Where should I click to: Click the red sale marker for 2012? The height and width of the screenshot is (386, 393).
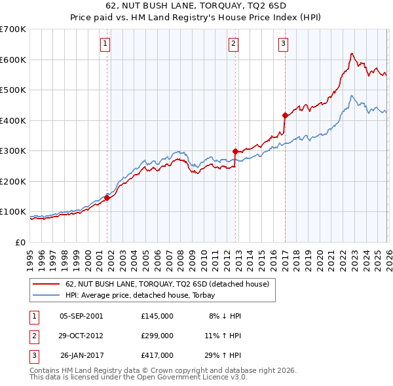pyautogui.click(x=235, y=151)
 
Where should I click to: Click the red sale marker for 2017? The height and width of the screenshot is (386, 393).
pyautogui.click(x=285, y=115)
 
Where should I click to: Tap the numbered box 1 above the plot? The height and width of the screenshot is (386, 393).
pyautogui.click(x=105, y=44)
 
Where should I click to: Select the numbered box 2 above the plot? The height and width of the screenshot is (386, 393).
pyautogui.click(x=233, y=44)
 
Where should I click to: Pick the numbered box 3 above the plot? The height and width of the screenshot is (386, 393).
pyautogui.click(x=283, y=44)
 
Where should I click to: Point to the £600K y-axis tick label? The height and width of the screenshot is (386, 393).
pyautogui.click(x=13, y=60)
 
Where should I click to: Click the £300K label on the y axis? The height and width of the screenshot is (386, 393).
pyautogui.click(x=13, y=150)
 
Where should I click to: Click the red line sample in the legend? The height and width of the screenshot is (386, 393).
pyautogui.click(x=46, y=285)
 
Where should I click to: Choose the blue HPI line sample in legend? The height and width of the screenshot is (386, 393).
pyautogui.click(x=46, y=296)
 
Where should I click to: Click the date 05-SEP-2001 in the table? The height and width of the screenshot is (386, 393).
pyautogui.click(x=81, y=316)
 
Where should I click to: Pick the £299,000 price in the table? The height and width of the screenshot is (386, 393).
pyautogui.click(x=157, y=336)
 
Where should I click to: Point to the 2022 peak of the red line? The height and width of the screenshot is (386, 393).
pyautogui.click(x=352, y=53)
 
